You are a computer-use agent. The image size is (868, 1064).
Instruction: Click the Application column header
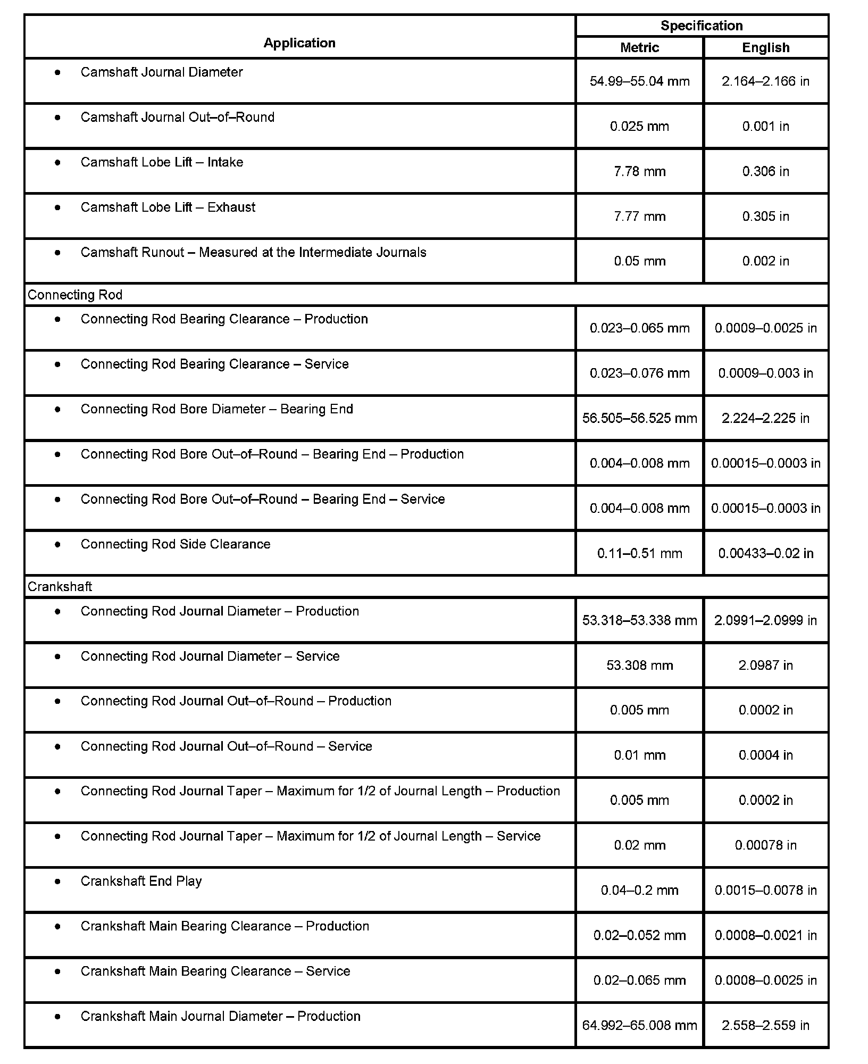pos(299,43)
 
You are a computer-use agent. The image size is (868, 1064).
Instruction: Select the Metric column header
pos(639,47)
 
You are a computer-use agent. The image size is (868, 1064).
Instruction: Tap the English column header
pos(765,47)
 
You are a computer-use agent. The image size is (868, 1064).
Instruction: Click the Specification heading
pos(702,26)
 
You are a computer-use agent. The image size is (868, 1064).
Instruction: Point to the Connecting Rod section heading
pos(75,295)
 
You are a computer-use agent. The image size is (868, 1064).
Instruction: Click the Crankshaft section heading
pos(60,586)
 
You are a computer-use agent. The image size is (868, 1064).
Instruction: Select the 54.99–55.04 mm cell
pos(639,81)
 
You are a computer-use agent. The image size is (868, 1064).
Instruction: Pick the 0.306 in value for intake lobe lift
pos(765,171)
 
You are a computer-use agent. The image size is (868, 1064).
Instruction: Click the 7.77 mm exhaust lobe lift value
pos(639,217)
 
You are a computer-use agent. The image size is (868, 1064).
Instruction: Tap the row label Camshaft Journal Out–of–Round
pos(177,117)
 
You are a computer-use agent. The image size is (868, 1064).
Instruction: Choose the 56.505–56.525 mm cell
pos(639,418)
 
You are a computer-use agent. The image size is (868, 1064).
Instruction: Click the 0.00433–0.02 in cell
pos(765,553)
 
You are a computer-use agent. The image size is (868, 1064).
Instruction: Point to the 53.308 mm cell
pos(639,665)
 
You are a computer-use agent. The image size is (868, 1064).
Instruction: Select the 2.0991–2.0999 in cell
pos(765,620)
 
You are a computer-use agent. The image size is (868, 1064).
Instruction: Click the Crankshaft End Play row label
pos(141,882)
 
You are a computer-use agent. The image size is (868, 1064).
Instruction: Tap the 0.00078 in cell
pos(765,845)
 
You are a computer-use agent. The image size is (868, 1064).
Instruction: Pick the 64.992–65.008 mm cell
pos(639,1025)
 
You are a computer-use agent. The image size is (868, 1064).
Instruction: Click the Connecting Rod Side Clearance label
pos(175,544)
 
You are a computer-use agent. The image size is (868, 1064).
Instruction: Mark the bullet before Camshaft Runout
pos(57,253)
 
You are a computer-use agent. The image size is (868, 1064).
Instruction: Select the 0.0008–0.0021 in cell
pos(765,935)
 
